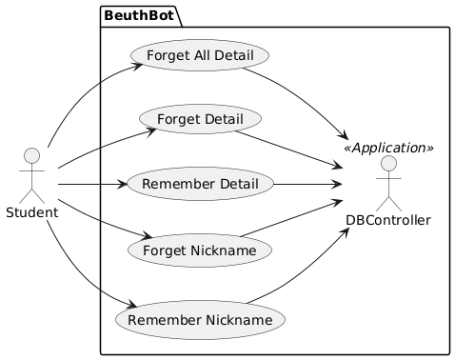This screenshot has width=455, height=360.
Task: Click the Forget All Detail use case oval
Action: [200, 55]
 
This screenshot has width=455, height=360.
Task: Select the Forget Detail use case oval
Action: [200, 119]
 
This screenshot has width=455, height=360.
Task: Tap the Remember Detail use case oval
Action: [200, 184]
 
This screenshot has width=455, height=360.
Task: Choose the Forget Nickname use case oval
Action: [200, 250]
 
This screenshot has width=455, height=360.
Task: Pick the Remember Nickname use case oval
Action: [200, 320]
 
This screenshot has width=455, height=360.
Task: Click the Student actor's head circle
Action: [31, 156]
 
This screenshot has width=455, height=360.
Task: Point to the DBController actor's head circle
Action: [388, 164]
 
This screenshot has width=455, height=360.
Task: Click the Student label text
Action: [32, 212]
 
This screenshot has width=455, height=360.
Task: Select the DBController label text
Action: [388, 220]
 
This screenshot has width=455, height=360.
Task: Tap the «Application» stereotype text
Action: [388, 148]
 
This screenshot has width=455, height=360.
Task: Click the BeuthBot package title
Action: [139, 15]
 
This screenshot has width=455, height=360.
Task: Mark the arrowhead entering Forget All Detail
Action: [138, 66]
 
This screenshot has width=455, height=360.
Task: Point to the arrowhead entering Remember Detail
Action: [121, 184]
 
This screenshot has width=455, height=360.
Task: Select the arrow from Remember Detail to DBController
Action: [307, 184]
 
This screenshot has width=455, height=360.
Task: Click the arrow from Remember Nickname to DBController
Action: [304, 274]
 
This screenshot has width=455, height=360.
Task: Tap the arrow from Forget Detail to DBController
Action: [288, 149]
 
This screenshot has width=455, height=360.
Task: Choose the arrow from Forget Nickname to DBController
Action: [291, 218]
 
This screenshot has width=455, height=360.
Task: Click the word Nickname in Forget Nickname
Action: [224, 250]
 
